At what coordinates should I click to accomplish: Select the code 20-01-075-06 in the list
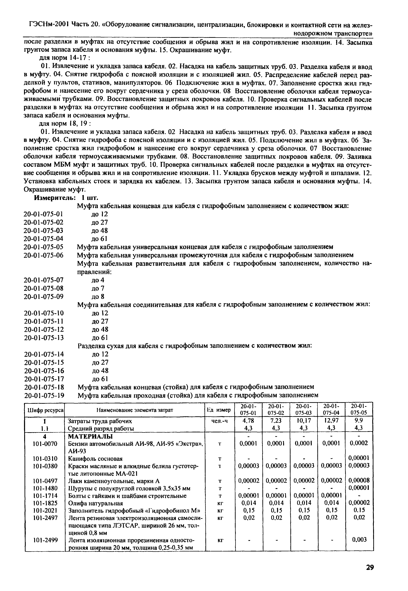pos(44,255)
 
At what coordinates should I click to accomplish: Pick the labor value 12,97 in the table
pos(332,421)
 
